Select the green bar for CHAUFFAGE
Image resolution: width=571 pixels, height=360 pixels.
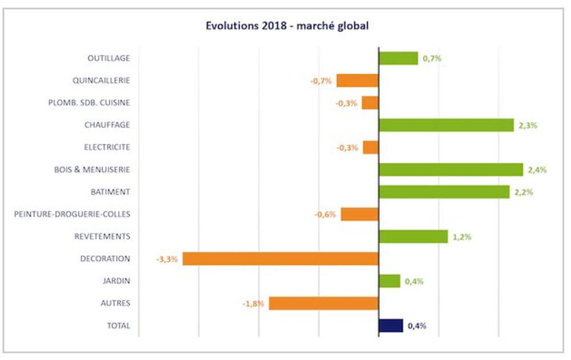pos(446,125)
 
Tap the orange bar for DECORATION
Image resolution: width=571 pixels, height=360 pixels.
pos(280,259)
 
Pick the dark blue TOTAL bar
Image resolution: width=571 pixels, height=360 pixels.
pos(391,326)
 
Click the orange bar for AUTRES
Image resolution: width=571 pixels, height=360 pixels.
pos(324,303)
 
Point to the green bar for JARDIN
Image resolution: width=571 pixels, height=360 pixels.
pos(389,281)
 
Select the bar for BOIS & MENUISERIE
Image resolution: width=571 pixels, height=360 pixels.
pos(451,170)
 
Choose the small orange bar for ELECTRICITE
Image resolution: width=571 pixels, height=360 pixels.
pos(371,147)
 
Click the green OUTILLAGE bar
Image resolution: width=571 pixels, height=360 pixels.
pos(398,58)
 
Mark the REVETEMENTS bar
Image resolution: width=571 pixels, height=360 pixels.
pos(413,237)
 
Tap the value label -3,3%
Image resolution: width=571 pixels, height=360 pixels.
pos(167,259)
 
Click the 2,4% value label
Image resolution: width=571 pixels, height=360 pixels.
pos(537,170)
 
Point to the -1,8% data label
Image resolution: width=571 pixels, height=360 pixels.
pos(254,304)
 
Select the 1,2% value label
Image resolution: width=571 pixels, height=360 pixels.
pos(462,237)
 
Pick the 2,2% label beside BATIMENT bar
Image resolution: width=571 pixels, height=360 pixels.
pos(524,192)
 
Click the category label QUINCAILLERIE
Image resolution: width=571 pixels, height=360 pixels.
pos(102,81)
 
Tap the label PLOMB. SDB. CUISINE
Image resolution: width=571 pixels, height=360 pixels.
pos(89,103)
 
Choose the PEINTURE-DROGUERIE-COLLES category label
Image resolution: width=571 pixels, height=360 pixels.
pos(72,214)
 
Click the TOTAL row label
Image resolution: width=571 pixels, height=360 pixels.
pos(118,326)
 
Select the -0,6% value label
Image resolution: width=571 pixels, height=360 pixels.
pos(325,215)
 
